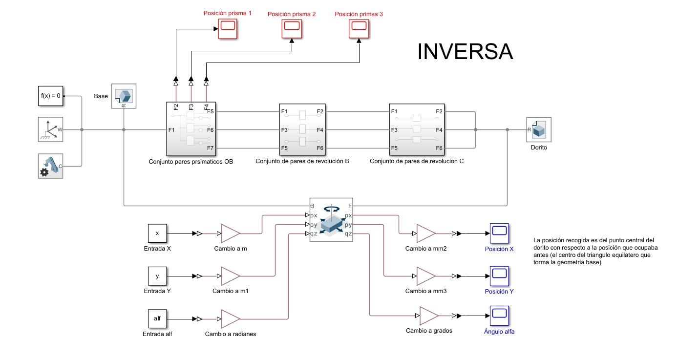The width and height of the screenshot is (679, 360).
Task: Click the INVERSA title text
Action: click(x=465, y=52)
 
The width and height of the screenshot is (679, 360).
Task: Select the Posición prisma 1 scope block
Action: click(x=227, y=27)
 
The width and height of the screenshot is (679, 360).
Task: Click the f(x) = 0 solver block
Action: click(x=50, y=96)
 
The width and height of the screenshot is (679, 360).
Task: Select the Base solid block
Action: click(x=124, y=96)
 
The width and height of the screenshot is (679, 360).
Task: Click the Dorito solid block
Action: click(x=538, y=129)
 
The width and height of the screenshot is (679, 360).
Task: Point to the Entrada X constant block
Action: click(x=157, y=233)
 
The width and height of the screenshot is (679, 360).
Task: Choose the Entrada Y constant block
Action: click(x=157, y=276)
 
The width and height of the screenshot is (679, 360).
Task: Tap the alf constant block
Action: click(x=157, y=318)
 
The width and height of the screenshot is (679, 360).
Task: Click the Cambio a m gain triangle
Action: click(x=231, y=233)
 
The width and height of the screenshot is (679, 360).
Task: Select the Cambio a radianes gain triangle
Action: click(x=231, y=318)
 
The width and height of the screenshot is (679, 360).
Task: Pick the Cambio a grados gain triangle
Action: click(x=429, y=316)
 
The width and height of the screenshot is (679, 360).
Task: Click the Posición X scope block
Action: click(x=499, y=233)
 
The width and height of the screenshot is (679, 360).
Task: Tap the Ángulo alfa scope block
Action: click(x=499, y=316)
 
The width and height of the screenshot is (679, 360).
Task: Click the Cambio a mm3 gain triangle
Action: click(x=425, y=276)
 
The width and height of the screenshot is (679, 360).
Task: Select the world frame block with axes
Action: click(x=50, y=129)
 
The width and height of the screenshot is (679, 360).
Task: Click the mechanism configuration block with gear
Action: click(x=50, y=166)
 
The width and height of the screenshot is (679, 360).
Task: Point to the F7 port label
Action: click(x=211, y=148)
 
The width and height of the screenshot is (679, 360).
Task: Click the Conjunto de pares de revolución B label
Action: click(x=302, y=161)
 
